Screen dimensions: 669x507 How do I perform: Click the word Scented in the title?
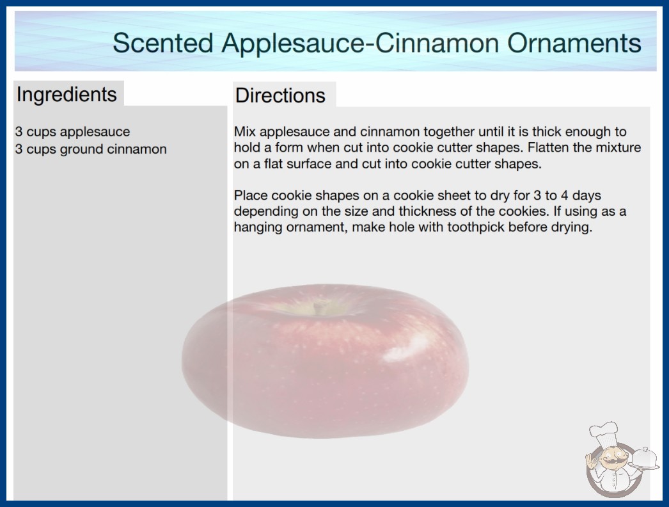click(162, 43)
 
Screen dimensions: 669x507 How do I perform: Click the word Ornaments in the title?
click(574, 43)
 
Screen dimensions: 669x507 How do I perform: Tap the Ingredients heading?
click(67, 95)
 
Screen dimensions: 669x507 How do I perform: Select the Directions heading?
click(280, 95)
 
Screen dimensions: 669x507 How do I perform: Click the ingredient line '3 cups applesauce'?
click(72, 132)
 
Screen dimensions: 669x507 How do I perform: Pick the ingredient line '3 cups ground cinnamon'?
click(91, 149)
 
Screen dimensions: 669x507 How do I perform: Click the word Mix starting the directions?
click(244, 132)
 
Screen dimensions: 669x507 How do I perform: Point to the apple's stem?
click(317, 308)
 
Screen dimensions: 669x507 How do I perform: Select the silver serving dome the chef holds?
click(644, 459)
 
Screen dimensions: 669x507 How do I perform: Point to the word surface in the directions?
click(310, 164)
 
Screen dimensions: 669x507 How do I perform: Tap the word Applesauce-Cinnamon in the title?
click(360, 43)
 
